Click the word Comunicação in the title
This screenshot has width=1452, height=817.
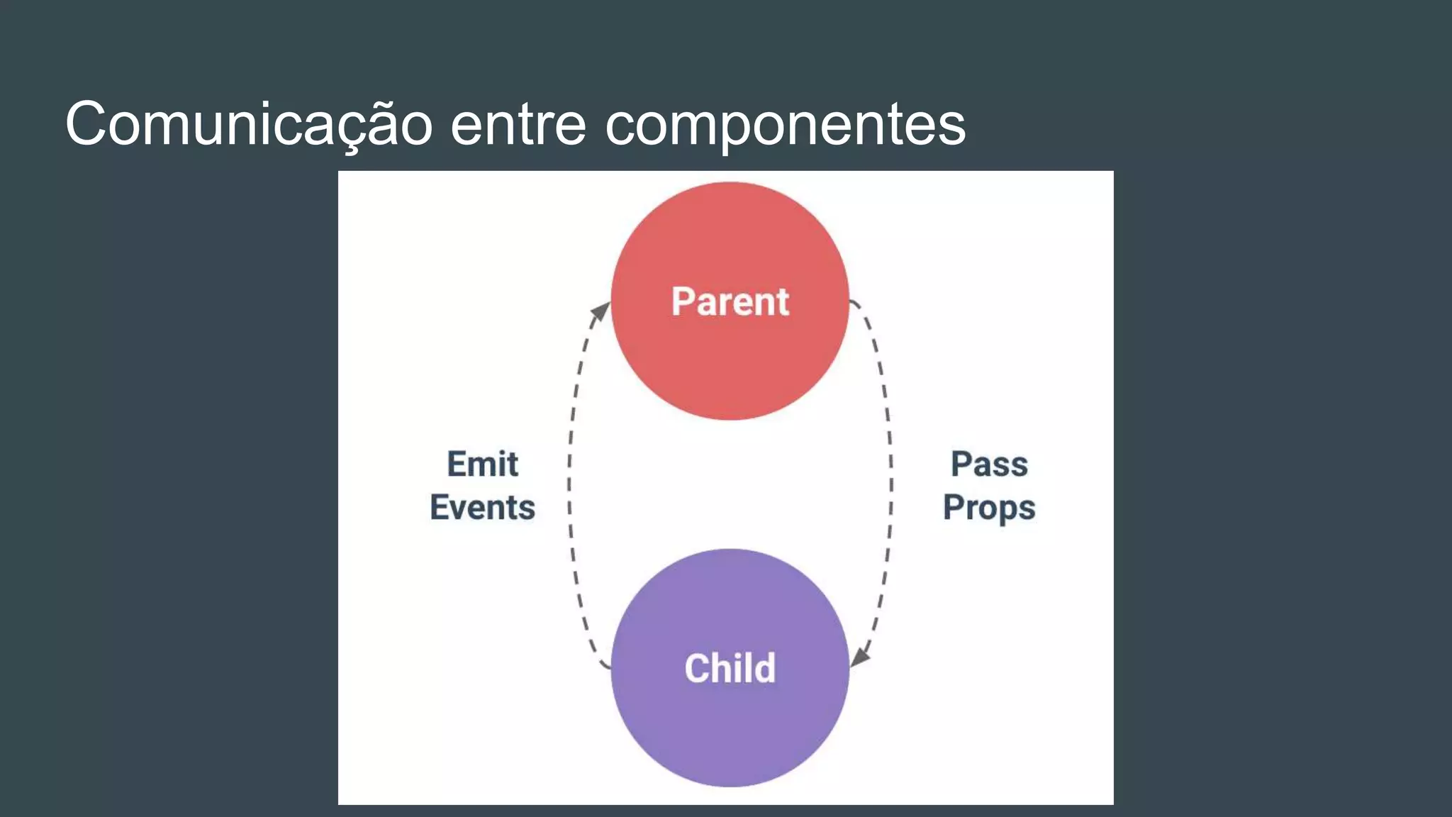pyautogui.click(x=248, y=124)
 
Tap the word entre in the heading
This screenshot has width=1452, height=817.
pyautogui.click(x=518, y=124)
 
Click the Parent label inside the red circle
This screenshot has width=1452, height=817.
pyautogui.click(x=730, y=301)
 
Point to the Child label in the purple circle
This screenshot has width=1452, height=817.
pyautogui.click(x=730, y=668)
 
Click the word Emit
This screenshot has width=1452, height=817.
pyautogui.click(x=482, y=465)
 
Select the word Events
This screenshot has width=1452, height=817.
pyautogui.click(x=482, y=508)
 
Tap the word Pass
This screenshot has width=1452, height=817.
pyautogui.click(x=989, y=465)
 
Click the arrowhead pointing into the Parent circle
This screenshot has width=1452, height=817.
pyautogui.click(x=601, y=311)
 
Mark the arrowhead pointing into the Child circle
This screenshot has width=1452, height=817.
pyautogui.click(x=860, y=657)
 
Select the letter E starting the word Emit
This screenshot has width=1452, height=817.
pyautogui.click(x=457, y=465)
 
